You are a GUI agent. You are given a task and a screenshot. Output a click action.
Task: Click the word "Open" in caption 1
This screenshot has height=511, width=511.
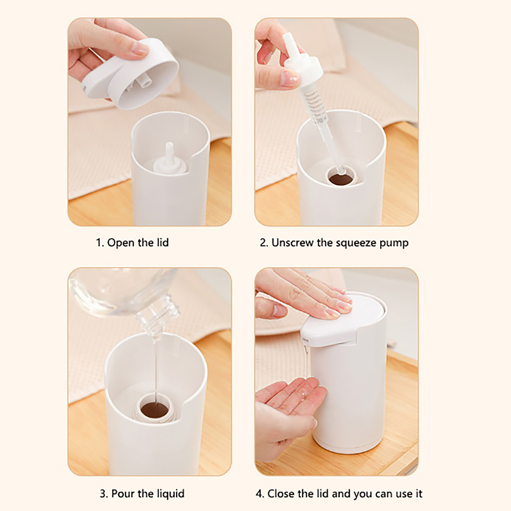tap(121, 243)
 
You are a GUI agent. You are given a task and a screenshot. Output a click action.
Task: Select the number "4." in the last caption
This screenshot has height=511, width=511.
tap(260, 494)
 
